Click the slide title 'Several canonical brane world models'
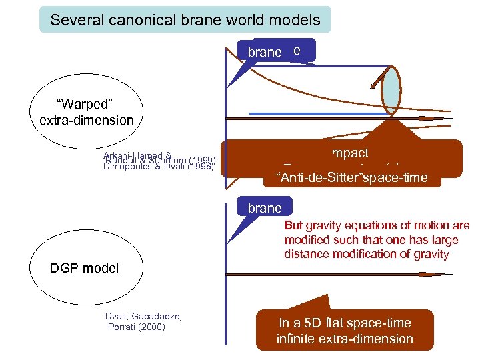point(185,20)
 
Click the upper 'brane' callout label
point(265,52)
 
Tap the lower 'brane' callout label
point(265,208)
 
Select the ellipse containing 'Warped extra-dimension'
point(86,112)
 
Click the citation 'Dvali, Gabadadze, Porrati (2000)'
point(144,321)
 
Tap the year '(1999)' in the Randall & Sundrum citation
point(202,161)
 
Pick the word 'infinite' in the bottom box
point(299,339)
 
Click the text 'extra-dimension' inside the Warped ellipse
point(87,121)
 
